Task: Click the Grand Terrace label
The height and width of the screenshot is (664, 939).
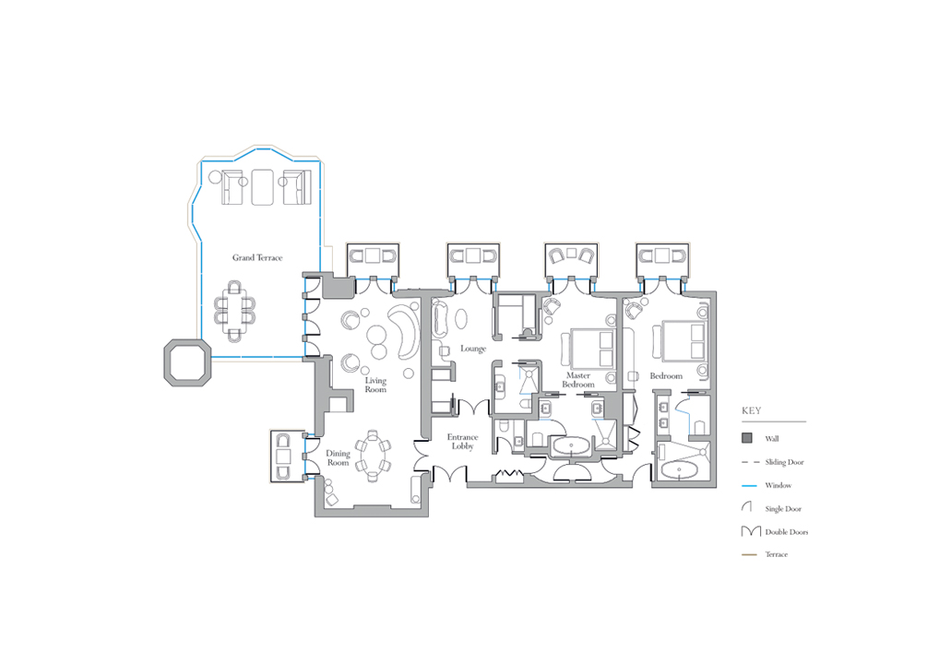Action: coord(257,257)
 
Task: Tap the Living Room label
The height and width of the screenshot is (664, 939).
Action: coord(375,385)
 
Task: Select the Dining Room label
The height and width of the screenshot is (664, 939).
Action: coord(338,458)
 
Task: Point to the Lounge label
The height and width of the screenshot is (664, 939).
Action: coord(473,349)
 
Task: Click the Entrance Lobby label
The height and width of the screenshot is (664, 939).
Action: coord(463,442)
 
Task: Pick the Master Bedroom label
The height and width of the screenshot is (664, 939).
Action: coord(578,380)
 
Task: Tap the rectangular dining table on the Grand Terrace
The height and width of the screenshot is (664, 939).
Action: coord(234,310)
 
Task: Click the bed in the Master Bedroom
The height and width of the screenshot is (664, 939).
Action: coord(591,348)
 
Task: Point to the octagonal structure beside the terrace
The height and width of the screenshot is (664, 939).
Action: coord(187,362)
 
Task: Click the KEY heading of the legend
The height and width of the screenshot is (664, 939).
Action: coord(752,410)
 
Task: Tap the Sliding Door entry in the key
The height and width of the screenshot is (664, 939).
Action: coord(773,462)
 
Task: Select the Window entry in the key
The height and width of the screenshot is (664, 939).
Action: coord(767,486)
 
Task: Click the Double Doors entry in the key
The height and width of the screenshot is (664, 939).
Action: coord(775,532)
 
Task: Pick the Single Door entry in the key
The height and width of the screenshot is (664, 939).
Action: coord(771,508)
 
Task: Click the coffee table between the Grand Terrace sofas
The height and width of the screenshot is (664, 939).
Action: coord(262,187)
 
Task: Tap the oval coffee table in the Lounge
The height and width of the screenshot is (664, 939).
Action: coord(462,318)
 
